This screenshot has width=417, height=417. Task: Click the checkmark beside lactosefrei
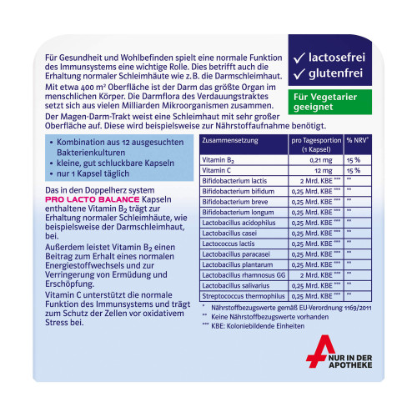pos(299,58)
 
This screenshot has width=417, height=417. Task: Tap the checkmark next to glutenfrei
pos(299,74)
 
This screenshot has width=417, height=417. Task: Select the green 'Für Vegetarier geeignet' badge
pos(330,102)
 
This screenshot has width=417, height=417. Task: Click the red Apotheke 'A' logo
pos(319,351)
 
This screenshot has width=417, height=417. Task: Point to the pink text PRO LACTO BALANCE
pos(93,199)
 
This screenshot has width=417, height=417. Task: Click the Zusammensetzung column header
pos(230,140)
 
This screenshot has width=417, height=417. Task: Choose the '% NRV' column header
pos(358,140)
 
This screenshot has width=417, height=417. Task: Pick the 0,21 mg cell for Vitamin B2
pos(321,160)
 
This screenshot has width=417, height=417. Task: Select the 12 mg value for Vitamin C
pos(324,171)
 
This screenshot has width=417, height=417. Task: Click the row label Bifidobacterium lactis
pos(234,181)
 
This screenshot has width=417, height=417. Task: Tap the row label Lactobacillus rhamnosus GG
pos(244,275)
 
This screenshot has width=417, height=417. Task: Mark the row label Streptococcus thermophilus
pos(244,296)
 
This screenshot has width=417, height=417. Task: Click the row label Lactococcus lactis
pos(229,244)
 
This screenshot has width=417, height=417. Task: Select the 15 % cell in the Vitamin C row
pos(354,171)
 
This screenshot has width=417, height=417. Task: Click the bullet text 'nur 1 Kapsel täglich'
pos(93,173)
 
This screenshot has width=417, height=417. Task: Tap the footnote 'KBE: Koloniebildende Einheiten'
pos(258,326)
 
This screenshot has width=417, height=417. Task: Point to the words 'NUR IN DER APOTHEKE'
pos(350,361)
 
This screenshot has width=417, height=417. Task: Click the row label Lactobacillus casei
pos(229,234)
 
